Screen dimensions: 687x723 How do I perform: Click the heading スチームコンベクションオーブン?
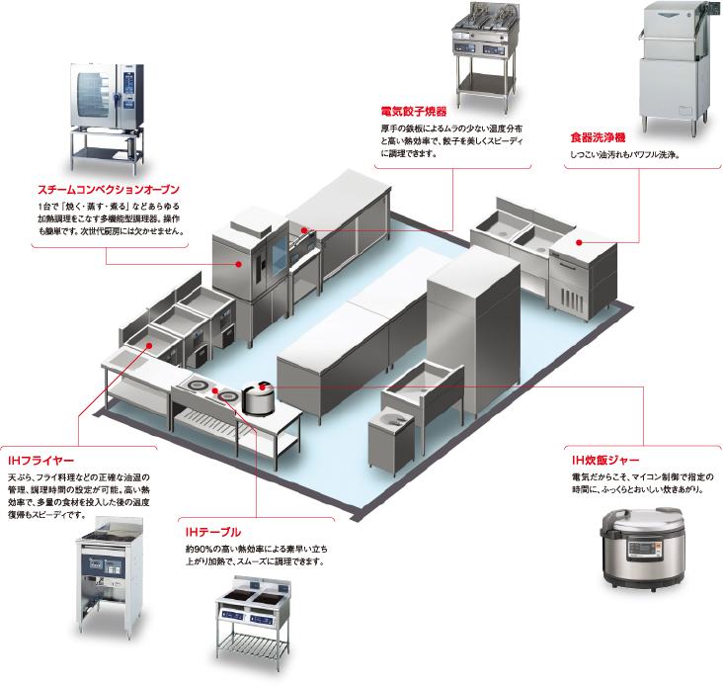pyautogui.click(x=108, y=188)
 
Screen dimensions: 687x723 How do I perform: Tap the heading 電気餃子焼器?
pyautogui.click(x=413, y=112)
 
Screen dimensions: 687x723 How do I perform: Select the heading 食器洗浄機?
pyautogui.click(x=597, y=138)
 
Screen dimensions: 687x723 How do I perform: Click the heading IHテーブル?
pyautogui.click(x=212, y=532)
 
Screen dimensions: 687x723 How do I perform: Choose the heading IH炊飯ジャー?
pyautogui.click(x=605, y=461)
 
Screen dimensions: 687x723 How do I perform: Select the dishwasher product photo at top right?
pyautogui.click(x=675, y=69)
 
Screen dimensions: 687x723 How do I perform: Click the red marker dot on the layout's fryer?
pyautogui.click(x=149, y=345)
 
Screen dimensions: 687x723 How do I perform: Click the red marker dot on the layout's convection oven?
pyautogui.click(x=239, y=265)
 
